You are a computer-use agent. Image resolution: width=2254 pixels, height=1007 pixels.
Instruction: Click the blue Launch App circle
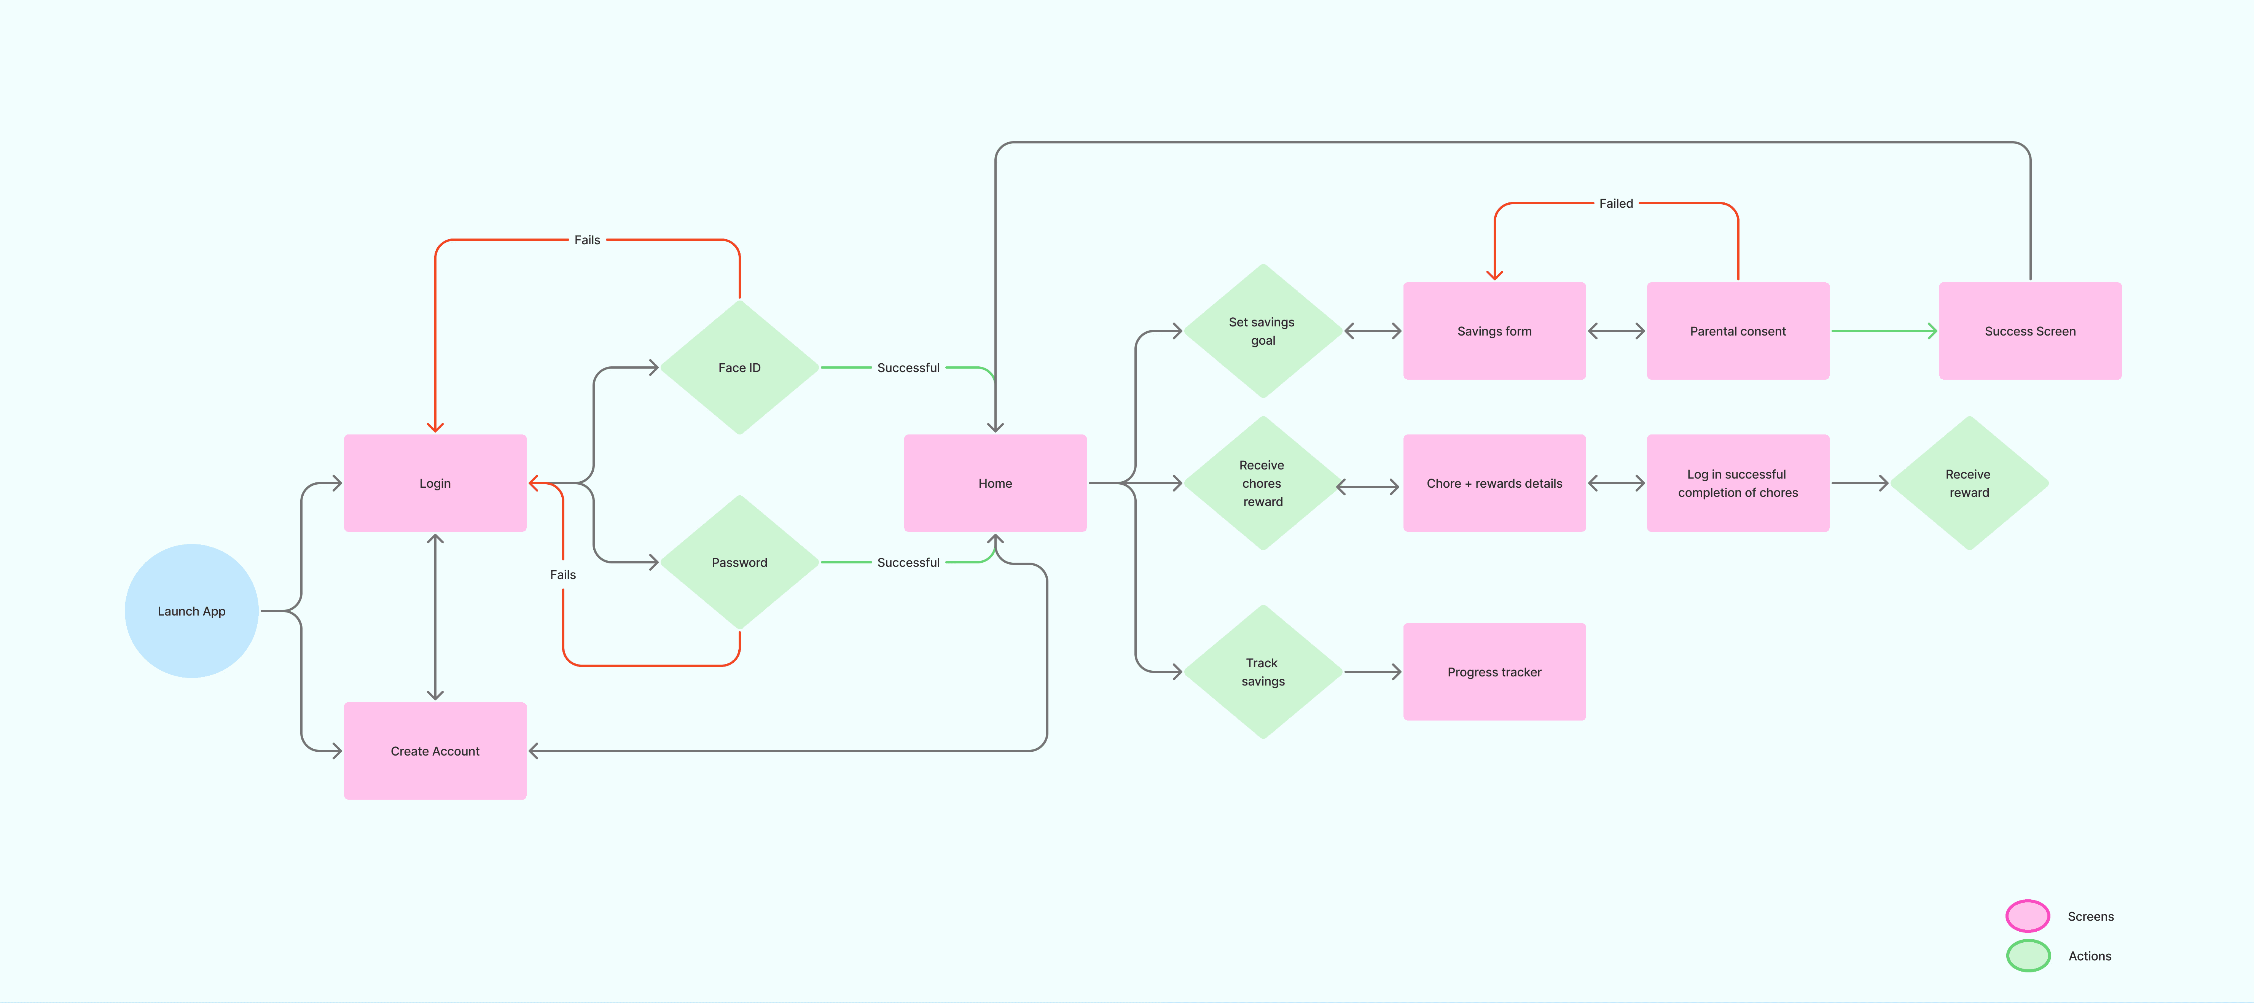(192, 611)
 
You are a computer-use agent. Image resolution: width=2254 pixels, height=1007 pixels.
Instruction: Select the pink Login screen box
(435, 483)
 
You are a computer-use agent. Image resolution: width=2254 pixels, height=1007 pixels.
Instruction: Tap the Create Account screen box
(435, 751)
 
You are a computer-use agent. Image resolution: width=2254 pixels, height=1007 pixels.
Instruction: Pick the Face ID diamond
(739, 367)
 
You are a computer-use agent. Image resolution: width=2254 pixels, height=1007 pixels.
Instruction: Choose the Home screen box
(995, 483)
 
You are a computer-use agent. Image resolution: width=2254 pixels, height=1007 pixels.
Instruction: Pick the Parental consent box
(1738, 331)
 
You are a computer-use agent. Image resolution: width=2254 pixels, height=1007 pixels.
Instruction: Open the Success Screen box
(2030, 331)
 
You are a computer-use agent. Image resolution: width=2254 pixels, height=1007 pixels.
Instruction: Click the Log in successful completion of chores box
(1738, 483)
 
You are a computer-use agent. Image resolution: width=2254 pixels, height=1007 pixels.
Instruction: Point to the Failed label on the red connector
(1615, 203)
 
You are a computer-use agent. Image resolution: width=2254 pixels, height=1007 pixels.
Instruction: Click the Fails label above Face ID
(587, 240)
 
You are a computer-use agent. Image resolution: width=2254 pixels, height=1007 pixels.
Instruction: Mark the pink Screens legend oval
(2027, 916)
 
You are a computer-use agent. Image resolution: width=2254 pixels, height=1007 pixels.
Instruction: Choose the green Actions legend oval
(2027, 955)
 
